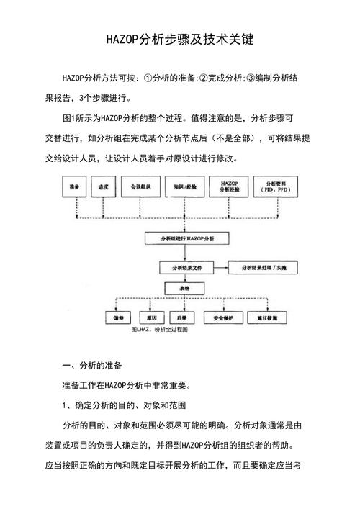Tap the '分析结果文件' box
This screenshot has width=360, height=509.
pos(184,266)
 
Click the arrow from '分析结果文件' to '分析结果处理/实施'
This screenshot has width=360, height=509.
pos(219,266)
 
